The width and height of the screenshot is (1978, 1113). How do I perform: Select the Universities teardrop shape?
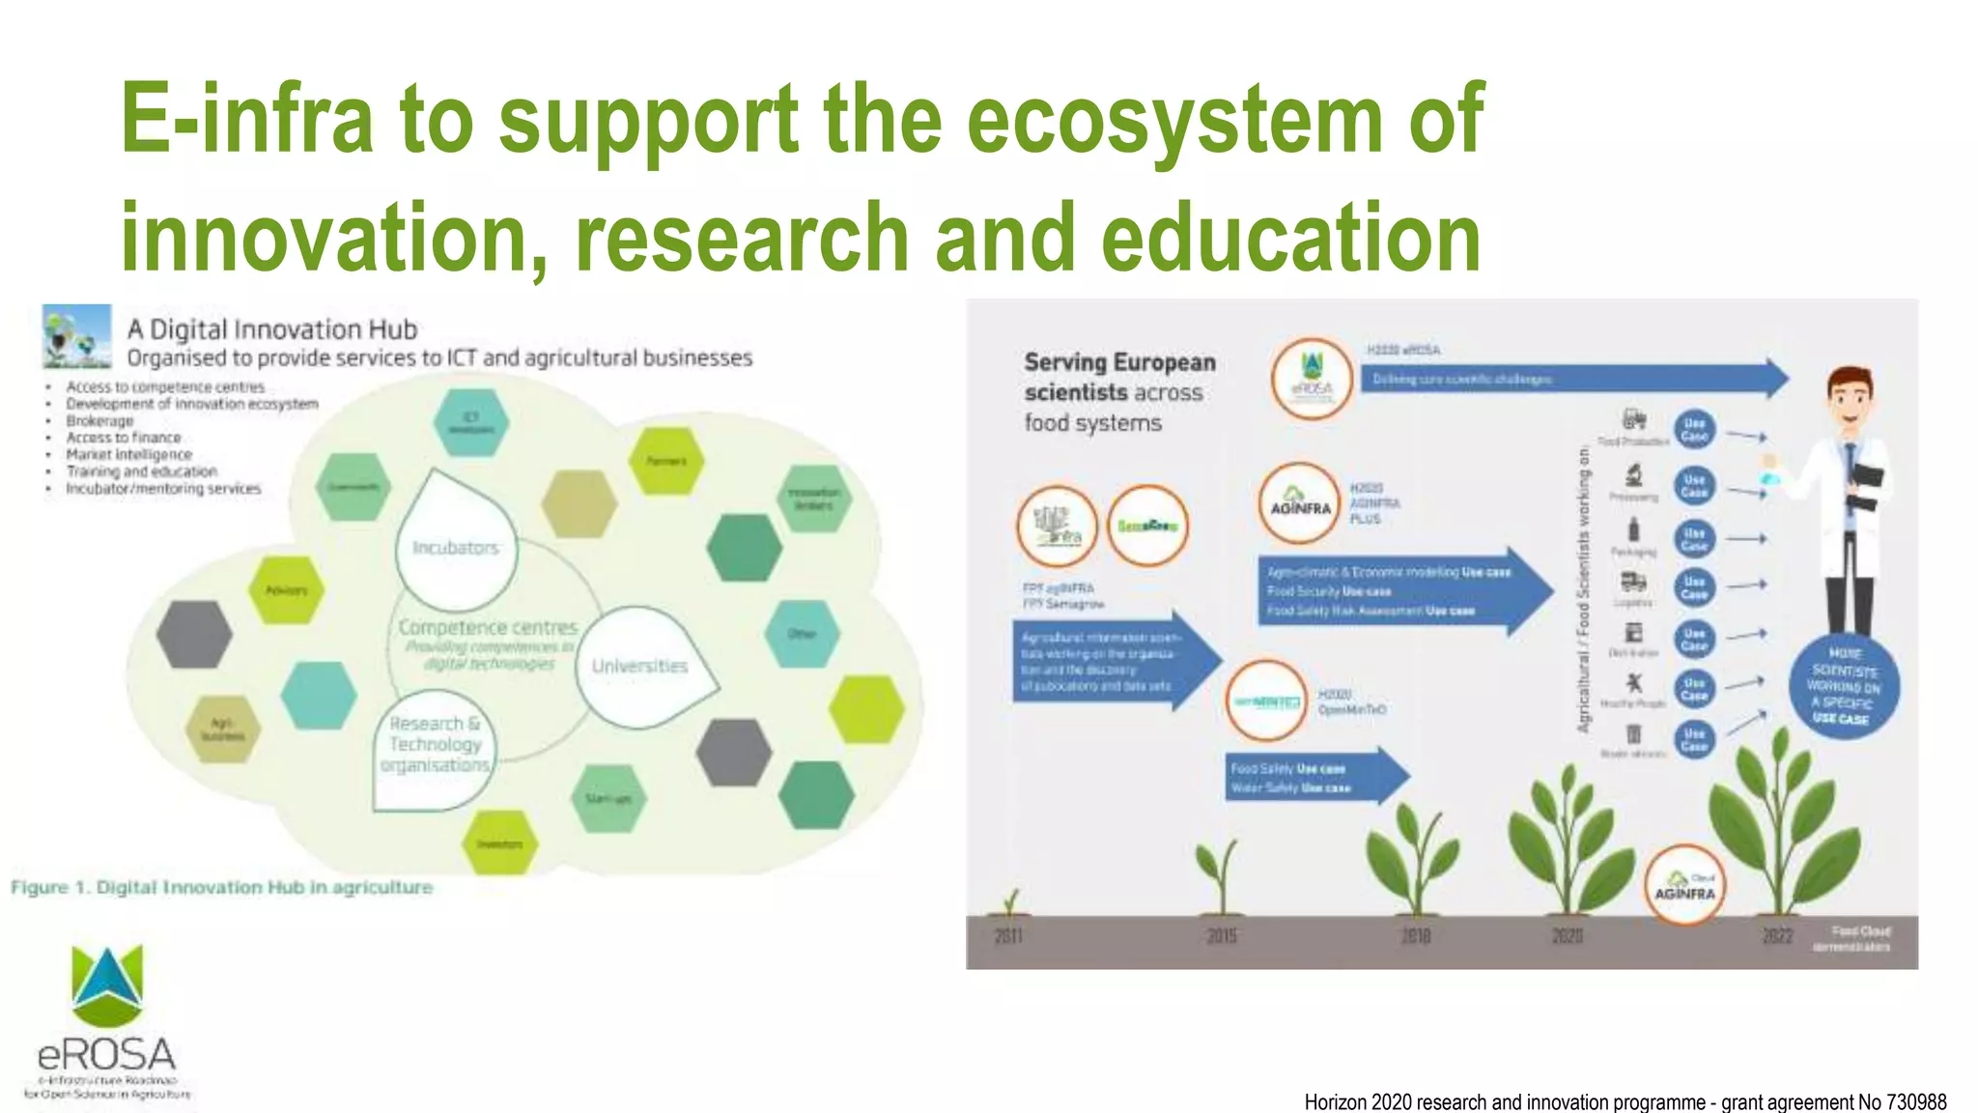click(640, 666)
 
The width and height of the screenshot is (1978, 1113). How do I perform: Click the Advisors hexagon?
click(286, 589)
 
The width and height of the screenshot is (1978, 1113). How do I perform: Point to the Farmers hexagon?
click(665, 461)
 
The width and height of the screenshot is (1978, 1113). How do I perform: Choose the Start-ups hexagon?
click(608, 798)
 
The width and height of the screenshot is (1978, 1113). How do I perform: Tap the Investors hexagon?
click(499, 843)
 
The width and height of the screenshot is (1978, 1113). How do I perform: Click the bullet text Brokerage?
click(99, 421)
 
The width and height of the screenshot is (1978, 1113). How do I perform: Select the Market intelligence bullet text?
click(128, 455)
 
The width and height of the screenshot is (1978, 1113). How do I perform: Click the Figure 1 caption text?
click(222, 887)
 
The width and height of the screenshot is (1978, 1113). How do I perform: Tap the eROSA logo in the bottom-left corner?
click(107, 1024)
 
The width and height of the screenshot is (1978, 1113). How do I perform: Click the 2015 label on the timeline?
click(1222, 936)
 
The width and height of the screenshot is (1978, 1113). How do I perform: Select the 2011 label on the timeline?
click(1008, 936)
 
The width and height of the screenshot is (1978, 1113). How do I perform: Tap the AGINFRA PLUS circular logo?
click(1300, 504)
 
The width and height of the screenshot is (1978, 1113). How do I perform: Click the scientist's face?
click(1851, 402)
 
